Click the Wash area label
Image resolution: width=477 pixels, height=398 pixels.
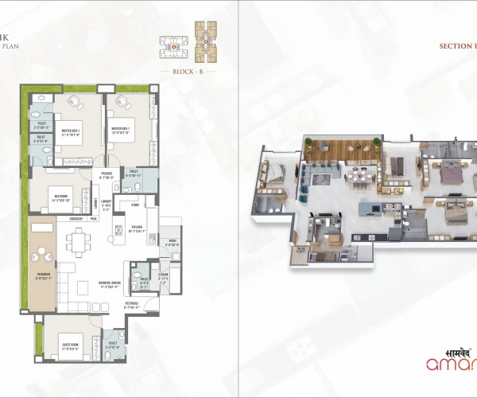coord(173,243)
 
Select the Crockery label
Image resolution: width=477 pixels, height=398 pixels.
coord(76,218)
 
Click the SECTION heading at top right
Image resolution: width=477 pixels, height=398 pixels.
coord(457,46)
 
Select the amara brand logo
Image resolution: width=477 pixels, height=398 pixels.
coord(454,365)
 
